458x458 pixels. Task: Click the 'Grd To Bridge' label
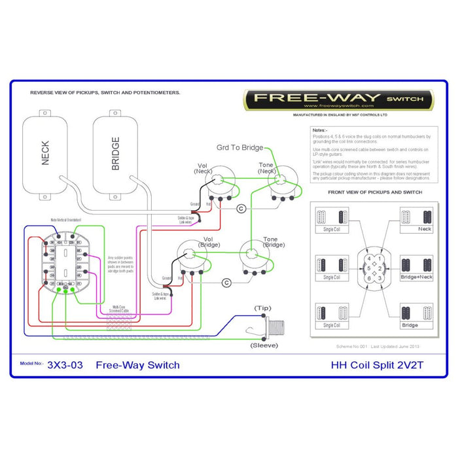pos(240,148)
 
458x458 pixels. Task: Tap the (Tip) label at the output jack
pos(264,308)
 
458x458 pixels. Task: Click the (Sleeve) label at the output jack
pos(264,345)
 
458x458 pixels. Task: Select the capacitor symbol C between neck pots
pos(241,208)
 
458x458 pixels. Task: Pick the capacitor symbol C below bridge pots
pos(226,283)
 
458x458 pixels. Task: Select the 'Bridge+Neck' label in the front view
pos(416,277)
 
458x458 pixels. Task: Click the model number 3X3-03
pos(65,365)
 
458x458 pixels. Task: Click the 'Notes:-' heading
pos(320,130)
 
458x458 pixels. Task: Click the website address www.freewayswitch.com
pos(338,106)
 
